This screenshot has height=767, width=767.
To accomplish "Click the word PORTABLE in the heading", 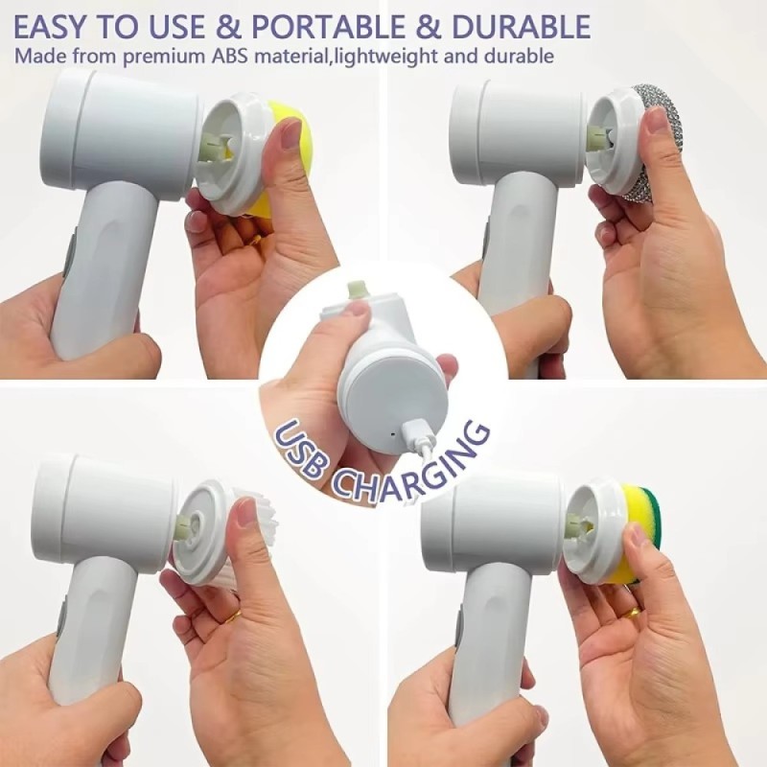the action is click(328, 27).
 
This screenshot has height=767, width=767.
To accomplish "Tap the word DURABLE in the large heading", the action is click(522, 27).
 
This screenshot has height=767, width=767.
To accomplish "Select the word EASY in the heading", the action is click(51, 27).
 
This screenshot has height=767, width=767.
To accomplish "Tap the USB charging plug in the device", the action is click(417, 432).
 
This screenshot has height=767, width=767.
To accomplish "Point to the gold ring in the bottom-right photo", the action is click(635, 614).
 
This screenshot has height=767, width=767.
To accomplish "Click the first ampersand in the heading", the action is click(228, 27).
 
